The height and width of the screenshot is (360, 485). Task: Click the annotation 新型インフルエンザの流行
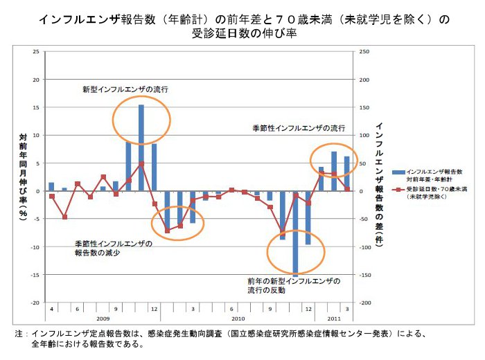(125, 89)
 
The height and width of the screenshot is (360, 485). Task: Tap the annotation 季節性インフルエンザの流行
(298, 129)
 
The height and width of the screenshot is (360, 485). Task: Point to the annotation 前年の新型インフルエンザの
(294, 282)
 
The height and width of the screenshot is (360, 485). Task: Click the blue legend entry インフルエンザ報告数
(434, 170)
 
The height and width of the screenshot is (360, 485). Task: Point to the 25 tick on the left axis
(37, 51)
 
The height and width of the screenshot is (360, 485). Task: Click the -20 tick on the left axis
(35, 303)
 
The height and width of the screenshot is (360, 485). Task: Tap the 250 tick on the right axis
(364, 51)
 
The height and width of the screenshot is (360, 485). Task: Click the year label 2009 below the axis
(103, 318)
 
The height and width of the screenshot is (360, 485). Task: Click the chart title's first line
(243, 20)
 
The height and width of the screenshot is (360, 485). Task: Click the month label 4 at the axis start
(51, 308)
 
